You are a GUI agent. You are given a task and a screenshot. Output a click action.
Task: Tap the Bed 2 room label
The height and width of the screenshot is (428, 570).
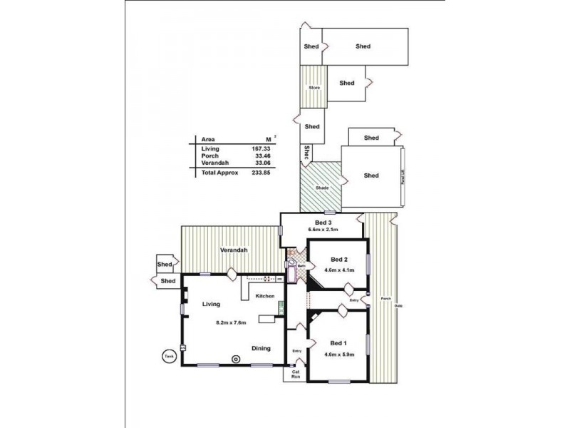pyautogui.click(x=339, y=259)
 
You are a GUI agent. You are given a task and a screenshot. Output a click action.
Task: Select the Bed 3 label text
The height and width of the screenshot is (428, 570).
pyautogui.click(x=324, y=222)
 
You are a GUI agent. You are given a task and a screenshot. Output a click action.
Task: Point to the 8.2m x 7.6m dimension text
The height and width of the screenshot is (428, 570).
pyautogui.click(x=231, y=322)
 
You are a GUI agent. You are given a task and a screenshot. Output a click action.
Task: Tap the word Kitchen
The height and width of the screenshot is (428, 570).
pyautogui.click(x=266, y=295)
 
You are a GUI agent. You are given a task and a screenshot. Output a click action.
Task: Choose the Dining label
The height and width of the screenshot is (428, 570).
pyautogui.click(x=261, y=348)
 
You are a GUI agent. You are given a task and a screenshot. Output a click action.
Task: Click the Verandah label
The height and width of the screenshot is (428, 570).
pyautogui.click(x=233, y=250)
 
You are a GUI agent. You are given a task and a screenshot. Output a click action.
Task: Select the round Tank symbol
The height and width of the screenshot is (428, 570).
pyautogui.click(x=169, y=356)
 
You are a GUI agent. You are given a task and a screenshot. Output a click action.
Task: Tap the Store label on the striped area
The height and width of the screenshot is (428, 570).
pyautogui.click(x=313, y=88)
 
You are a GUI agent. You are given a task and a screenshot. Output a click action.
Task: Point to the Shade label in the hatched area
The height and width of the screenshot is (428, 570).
pyautogui.click(x=321, y=188)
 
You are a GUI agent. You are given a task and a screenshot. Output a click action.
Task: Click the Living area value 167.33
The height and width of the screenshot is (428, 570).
pyautogui.click(x=261, y=148)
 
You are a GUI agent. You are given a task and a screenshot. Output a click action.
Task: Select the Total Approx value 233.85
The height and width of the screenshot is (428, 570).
pyautogui.click(x=261, y=173)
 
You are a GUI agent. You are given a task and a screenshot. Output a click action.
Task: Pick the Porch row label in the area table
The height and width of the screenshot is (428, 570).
pyautogui.click(x=209, y=156)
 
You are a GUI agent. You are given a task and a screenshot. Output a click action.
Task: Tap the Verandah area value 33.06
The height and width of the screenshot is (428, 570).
pyautogui.click(x=261, y=163)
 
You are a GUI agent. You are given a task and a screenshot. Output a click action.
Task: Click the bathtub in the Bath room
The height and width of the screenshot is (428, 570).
pyautogui.click(x=293, y=270)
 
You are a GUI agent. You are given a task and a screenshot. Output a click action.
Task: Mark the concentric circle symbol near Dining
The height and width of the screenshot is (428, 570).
pyautogui.click(x=236, y=359)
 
